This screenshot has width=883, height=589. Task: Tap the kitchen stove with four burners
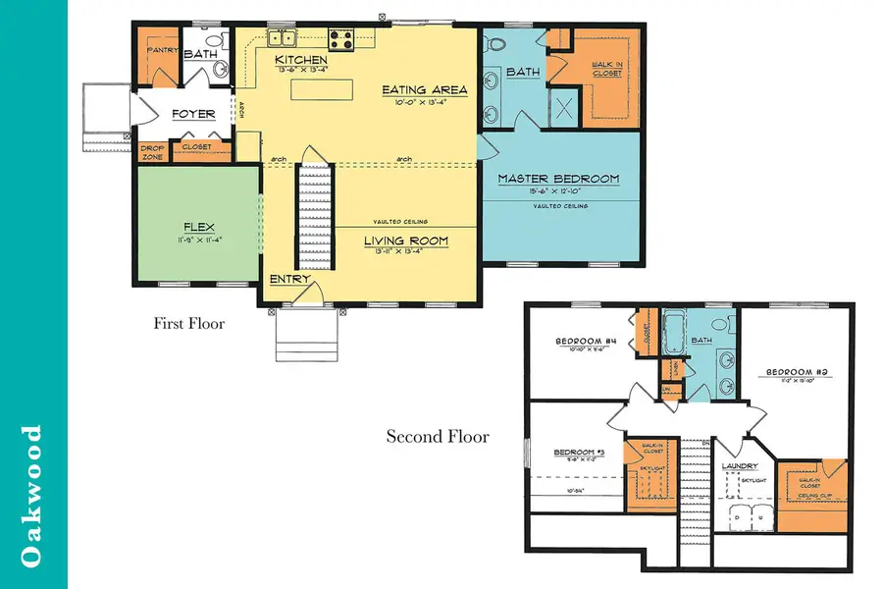(x=340, y=39)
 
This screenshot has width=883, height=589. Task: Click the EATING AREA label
(x=425, y=90)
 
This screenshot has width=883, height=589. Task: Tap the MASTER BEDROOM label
(x=558, y=179)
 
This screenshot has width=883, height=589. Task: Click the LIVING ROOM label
(x=406, y=241)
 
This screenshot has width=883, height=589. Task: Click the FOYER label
(x=193, y=114)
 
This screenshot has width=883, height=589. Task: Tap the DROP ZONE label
(x=152, y=151)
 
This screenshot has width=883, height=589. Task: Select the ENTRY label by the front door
(x=290, y=280)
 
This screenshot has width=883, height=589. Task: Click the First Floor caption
(x=189, y=323)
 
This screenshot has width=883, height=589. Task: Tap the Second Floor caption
(x=437, y=436)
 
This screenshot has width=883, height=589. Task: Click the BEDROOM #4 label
(x=585, y=342)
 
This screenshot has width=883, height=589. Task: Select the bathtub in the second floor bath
(x=675, y=335)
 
